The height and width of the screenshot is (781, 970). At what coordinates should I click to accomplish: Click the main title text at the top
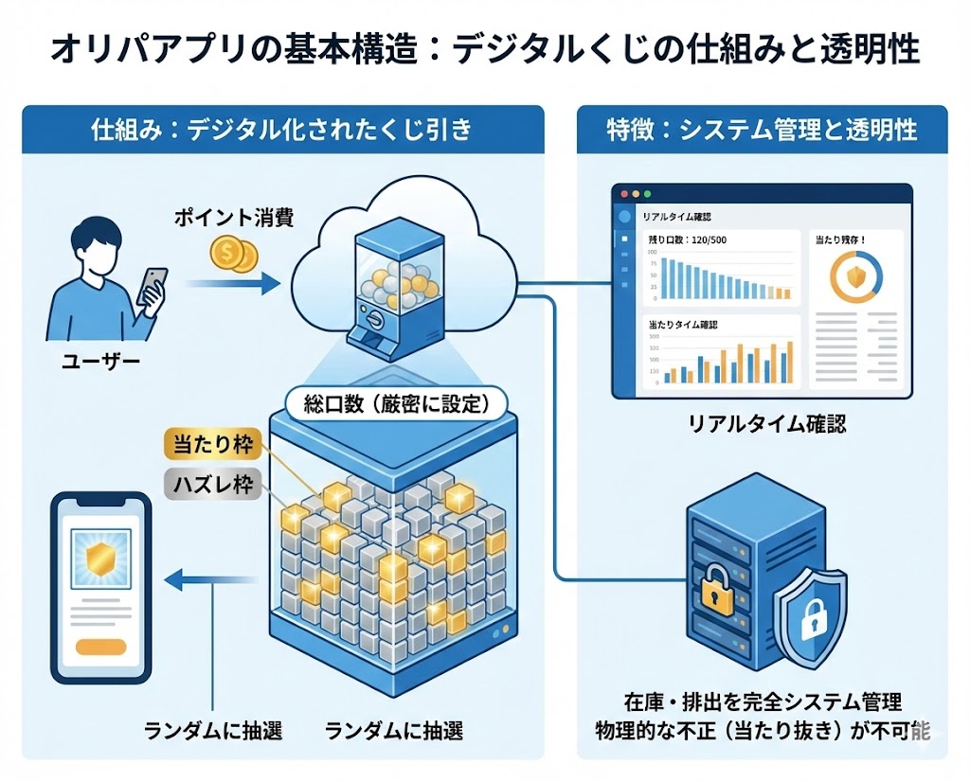[484, 49]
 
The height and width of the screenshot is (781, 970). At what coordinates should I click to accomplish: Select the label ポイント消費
[232, 219]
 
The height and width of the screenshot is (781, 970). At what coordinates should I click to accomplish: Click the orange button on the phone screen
[100, 648]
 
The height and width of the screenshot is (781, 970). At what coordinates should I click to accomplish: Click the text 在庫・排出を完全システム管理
[763, 702]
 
